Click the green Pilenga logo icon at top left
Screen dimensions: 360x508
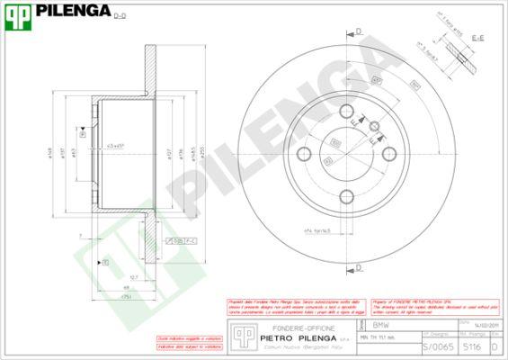coord(17,12)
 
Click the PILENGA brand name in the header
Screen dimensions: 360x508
coord(74,11)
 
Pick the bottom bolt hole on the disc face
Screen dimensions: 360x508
coord(352,193)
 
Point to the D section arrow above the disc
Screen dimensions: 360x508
coord(358,31)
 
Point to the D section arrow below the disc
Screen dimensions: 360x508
coord(358,267)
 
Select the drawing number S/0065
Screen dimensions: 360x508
coord(433,346)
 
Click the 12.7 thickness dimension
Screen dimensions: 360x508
coord(133,277)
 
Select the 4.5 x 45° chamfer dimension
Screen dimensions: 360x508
coord(116,145)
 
